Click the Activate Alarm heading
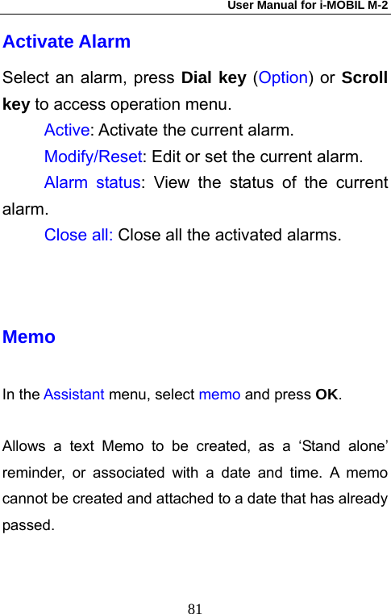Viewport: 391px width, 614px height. [66, 41]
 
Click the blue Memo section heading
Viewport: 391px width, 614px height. [29, 337]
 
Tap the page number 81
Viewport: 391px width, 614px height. [195, 607]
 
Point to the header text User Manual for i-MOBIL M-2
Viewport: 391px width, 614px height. [307, 6]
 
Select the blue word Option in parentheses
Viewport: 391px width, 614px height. [283, 78]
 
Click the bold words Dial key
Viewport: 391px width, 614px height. [214, 78]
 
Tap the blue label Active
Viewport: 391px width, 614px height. [67, 131]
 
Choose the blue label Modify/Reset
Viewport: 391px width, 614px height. [93, 157]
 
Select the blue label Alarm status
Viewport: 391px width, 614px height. [92, 182]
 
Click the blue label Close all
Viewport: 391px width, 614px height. [78, 236]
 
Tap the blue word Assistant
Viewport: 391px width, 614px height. [73, 395]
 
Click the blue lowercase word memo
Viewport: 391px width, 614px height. [219, 395]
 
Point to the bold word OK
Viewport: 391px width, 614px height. [327, 395]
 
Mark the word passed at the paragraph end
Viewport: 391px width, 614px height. [28, 525]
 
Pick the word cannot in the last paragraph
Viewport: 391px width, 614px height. [25, 499]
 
